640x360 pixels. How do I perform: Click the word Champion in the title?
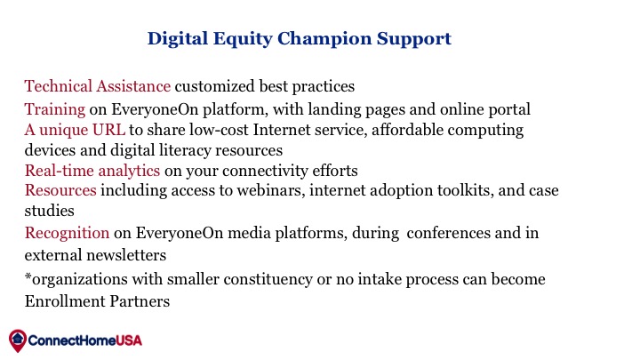tap(324, 39)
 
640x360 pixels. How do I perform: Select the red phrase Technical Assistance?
tap(98, 86)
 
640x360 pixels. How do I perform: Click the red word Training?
tap(55, 110)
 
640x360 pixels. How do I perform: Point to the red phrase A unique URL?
tap(75, 130)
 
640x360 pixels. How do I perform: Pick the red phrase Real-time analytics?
tap(92, 171)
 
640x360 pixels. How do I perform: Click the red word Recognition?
tap(67, 234)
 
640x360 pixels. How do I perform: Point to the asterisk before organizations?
tap(28, 276)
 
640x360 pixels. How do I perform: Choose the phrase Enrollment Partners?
tap(97, 301)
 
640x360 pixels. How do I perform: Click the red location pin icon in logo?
tap(18, 340)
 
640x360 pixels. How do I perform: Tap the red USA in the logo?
tap(129, 340)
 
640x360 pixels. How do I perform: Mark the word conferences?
tap(449, 233)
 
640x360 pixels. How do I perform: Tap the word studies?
tap(50, 211)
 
